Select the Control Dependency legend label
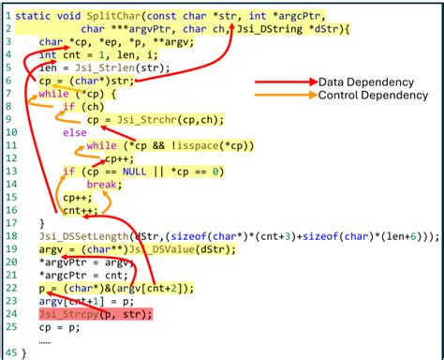pyautogui.click(x=373, y=95)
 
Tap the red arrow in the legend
pyautogui.click(x=285, y=82)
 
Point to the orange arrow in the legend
pyautogui.click(x=285, y=96)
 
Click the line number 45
pyautogui.click(x=8, y=352)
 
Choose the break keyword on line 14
pyautogui.click(x=104, y=185)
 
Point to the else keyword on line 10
pyautogui.click(x=74, y=133)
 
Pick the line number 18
pyautogui.click(x=8, y=237)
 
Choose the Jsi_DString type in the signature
pyautogui.click(x=273, y=30)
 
